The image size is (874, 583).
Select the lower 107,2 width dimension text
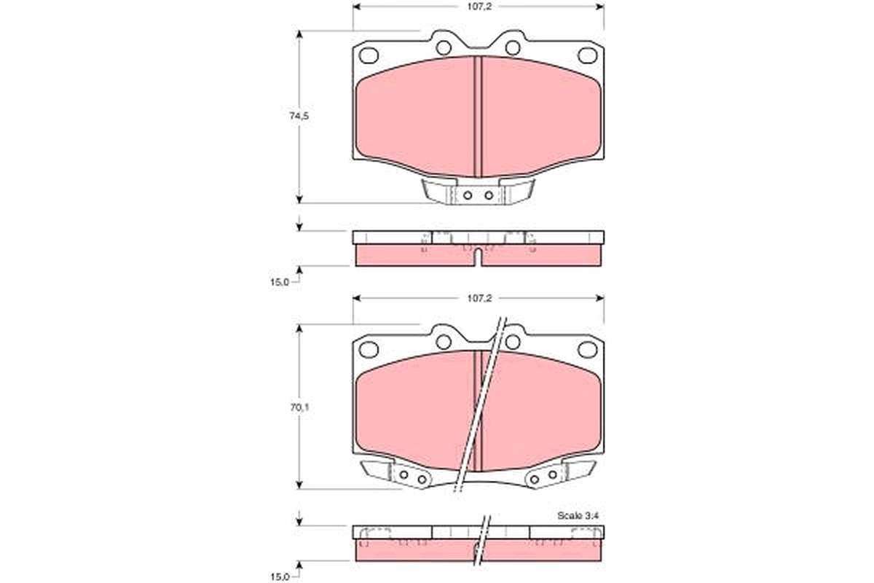[477, 298]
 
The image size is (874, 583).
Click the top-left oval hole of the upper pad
[369, 55]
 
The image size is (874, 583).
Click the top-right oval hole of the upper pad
[586, 55]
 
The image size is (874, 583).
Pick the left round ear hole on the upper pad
[444, 48]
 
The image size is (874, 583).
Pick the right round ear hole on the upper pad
[513, 48]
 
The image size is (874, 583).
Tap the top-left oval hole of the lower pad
[369, 349]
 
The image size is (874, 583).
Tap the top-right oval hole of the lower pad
[587, 349]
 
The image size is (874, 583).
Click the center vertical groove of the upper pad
[478, 117]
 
